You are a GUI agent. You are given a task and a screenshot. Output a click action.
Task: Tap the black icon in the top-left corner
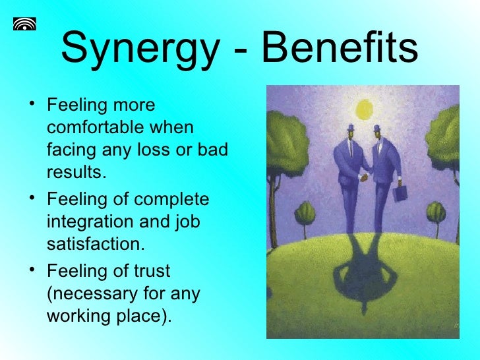tap(24, 24)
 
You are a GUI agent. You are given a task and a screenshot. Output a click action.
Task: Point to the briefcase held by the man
tap(400, 194)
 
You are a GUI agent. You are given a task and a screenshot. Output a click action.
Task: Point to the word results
tap(76, 172)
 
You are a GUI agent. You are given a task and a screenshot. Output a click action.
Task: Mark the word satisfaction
tap(94, 245)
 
